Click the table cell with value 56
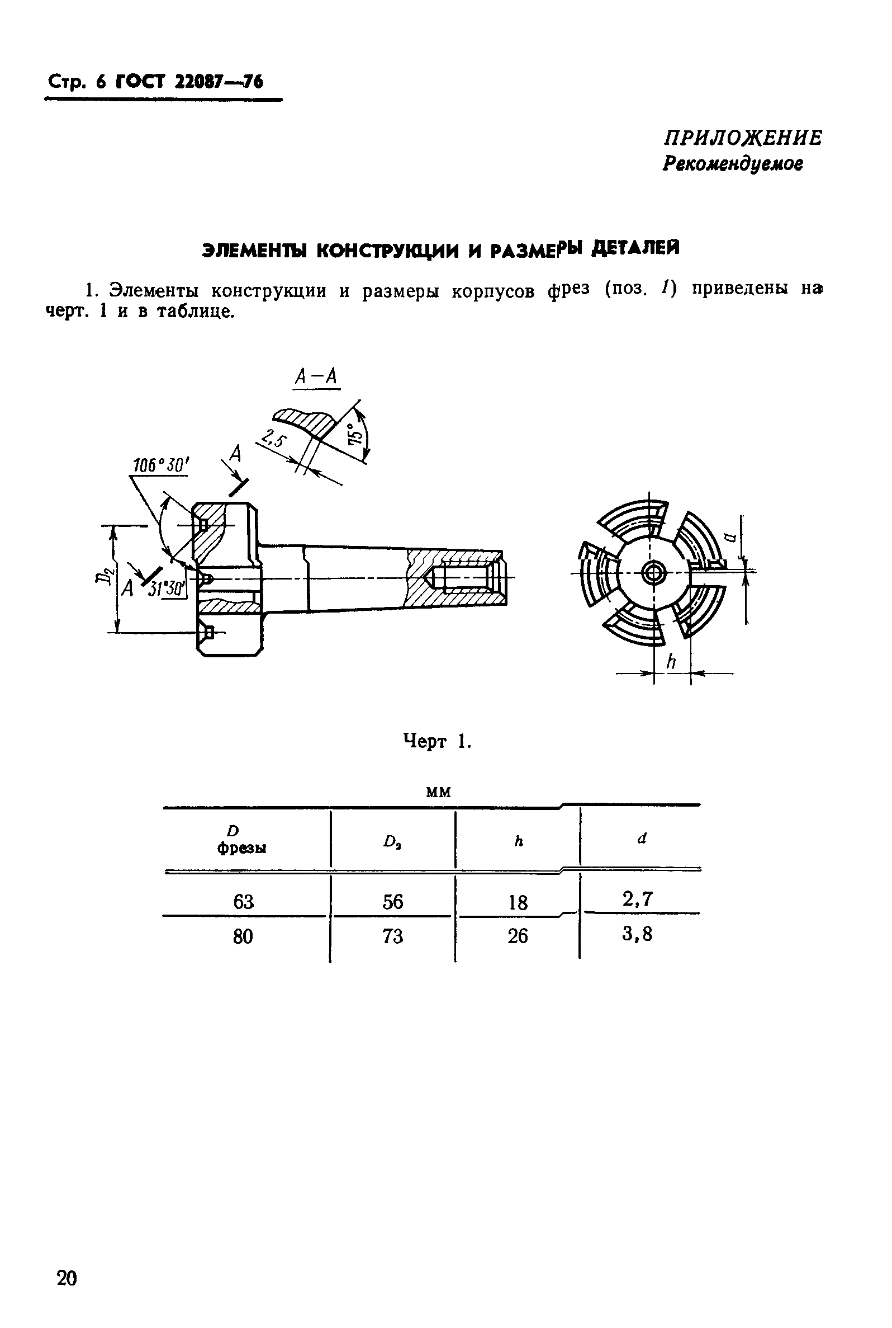392,902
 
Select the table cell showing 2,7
637,899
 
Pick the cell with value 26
518,936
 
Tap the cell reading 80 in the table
243,936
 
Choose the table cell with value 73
392,936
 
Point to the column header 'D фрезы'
242,840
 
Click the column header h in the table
518,841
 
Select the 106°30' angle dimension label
160,465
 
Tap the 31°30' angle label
167,588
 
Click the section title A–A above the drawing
316,377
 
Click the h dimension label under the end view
671,661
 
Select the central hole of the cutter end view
652,573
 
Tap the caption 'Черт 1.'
437,741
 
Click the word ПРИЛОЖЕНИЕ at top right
743,138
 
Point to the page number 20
67,1278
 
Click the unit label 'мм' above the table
438,792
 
